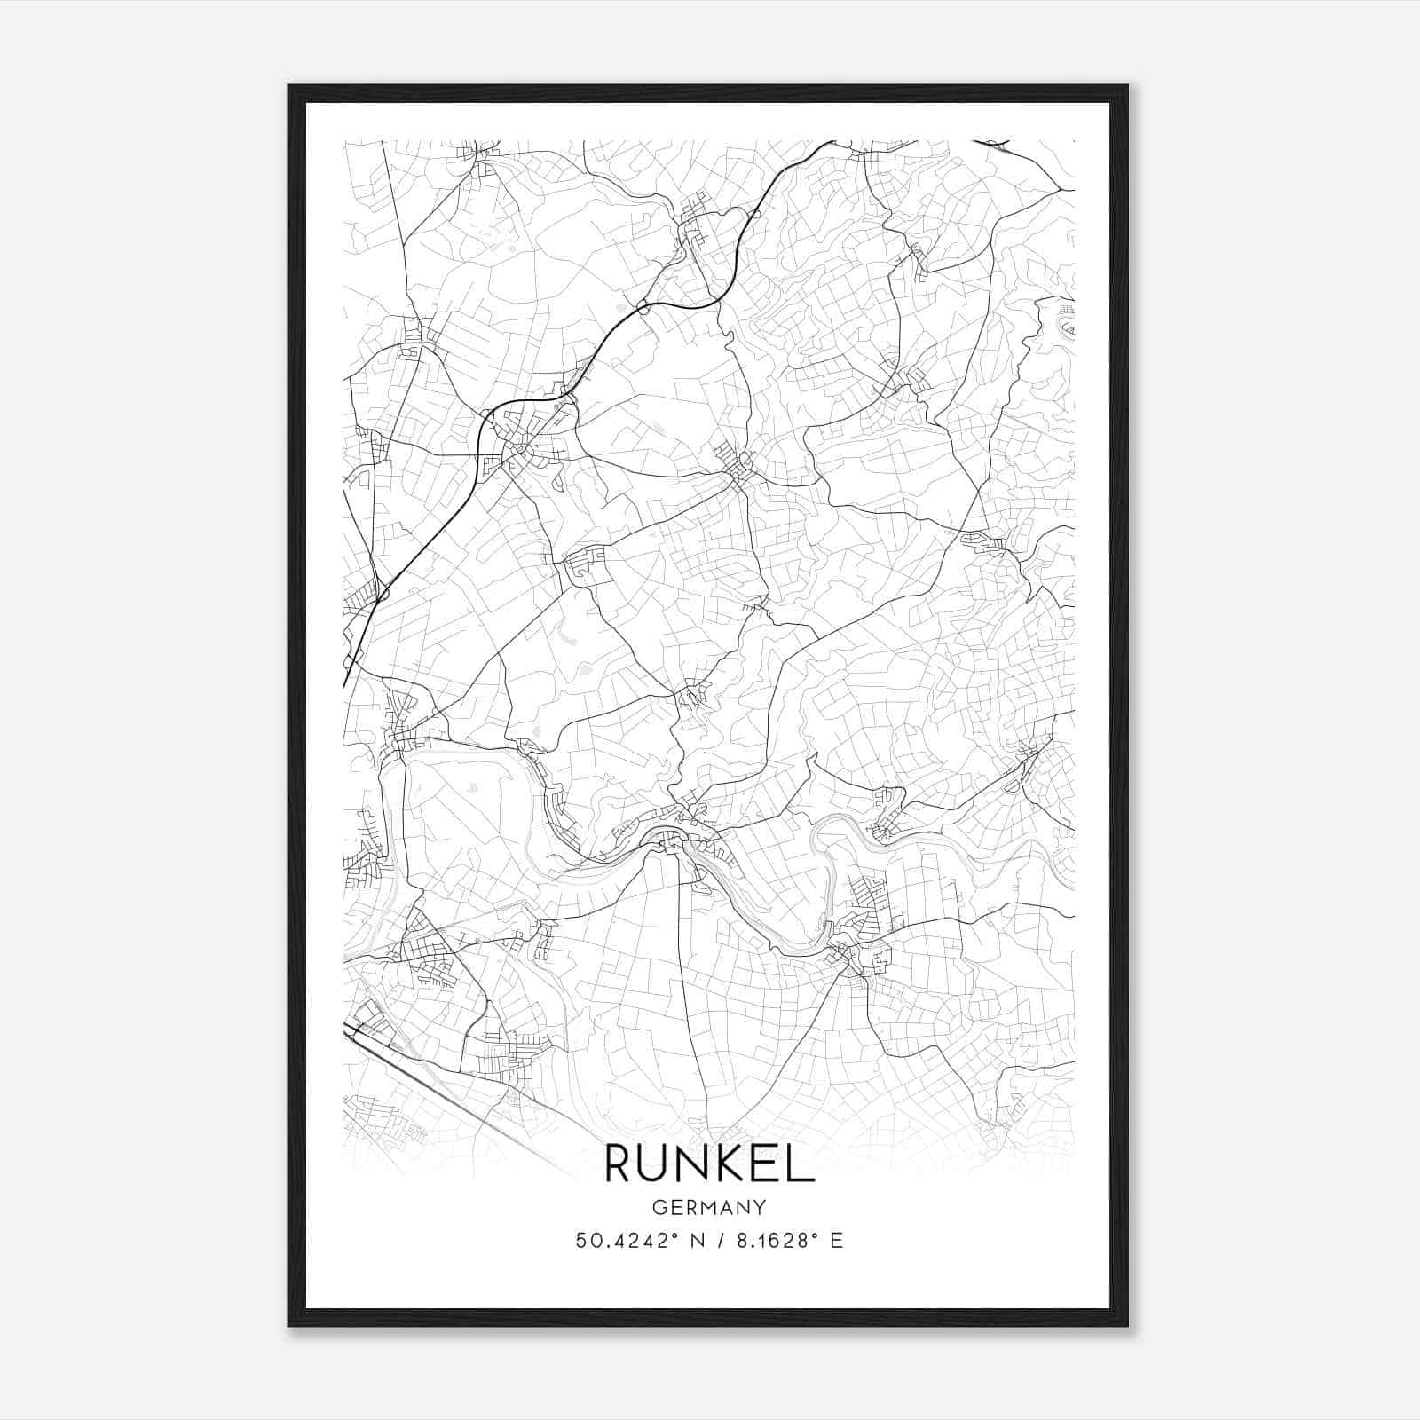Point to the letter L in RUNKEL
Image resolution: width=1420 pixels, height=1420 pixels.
[801, 1164]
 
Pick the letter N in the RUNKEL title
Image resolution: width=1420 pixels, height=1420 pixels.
[697, 1164]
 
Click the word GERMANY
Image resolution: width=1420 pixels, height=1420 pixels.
[709, 1207]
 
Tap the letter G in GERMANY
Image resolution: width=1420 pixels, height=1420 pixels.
[658, 1207]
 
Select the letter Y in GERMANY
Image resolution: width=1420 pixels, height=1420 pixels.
[761, 1207]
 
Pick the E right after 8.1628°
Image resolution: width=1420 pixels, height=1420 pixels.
[836, 1241]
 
